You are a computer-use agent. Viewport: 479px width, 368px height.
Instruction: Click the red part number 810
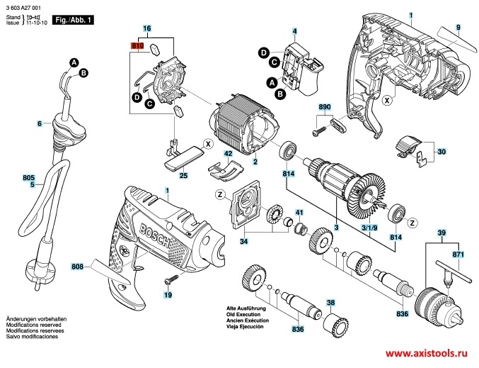137,45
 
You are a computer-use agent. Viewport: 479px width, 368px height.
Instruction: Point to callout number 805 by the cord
28,177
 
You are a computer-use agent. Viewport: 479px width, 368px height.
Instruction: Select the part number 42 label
228,153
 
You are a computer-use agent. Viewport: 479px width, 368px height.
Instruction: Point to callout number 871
458,253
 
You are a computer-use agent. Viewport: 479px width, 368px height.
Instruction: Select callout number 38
330,302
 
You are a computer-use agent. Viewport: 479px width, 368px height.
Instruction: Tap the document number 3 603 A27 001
26,6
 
